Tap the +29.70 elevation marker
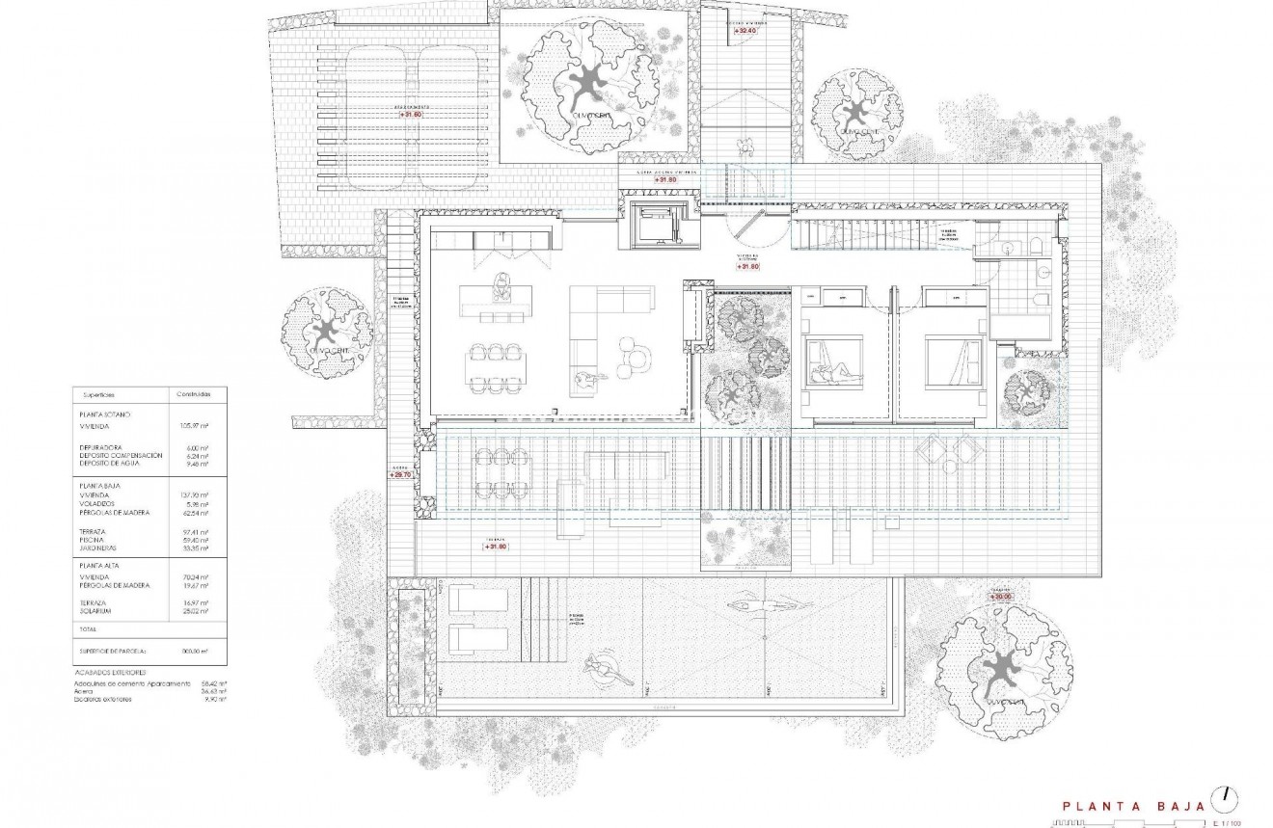pos(400,475)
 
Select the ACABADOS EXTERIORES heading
pos(110,672)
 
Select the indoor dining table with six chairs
pos(495,367)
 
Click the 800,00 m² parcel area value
pos(196,651)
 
